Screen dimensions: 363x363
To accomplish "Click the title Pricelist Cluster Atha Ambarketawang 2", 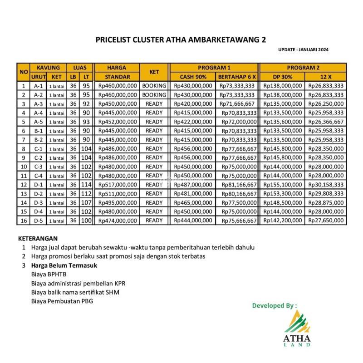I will [181, 39].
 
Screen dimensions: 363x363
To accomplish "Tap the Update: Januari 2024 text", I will [303, 49].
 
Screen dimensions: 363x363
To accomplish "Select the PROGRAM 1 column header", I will [214, 68].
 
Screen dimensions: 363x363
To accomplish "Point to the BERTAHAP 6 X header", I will [237, 77].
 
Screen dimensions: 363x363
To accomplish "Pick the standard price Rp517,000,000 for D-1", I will [118, 185].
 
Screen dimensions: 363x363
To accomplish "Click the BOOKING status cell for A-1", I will [154, 86].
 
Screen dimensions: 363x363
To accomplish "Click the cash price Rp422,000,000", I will [193, 122].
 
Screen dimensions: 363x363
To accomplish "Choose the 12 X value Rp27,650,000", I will [325, 221].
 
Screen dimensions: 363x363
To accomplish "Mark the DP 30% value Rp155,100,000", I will [282, 185].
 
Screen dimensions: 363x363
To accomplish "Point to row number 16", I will [23, 221].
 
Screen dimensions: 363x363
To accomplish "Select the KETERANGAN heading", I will [38, 238].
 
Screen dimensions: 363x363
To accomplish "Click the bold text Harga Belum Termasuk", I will [64, 265].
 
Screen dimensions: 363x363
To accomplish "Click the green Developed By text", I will [275, 306].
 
